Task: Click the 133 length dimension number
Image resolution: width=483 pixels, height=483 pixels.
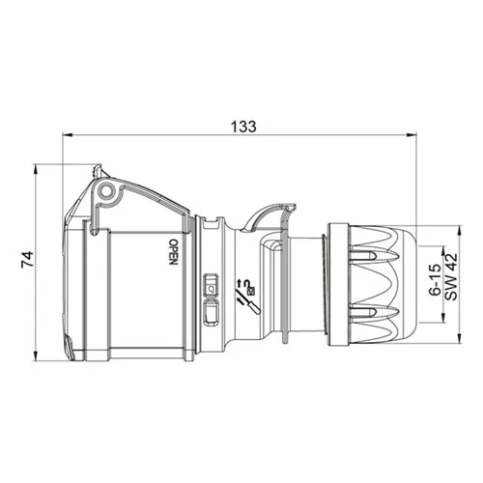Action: click(x=243, y=127)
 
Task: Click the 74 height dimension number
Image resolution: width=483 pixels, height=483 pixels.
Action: click(x=27, y=260)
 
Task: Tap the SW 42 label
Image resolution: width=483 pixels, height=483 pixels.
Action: click(x=451, y=277)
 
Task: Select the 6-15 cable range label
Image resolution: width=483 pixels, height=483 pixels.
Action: click(x=435, y=279)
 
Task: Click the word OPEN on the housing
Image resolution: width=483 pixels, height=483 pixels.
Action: click(x=173, y=252)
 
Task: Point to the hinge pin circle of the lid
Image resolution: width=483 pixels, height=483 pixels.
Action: click(x=106, y=190)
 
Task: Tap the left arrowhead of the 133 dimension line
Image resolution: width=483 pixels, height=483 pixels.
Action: click(x=67, y=135)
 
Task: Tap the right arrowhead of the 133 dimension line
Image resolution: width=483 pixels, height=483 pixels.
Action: click(x=412, y=135)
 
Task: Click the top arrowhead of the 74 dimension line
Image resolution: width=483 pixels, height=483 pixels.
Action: click(x=36, y=169)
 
